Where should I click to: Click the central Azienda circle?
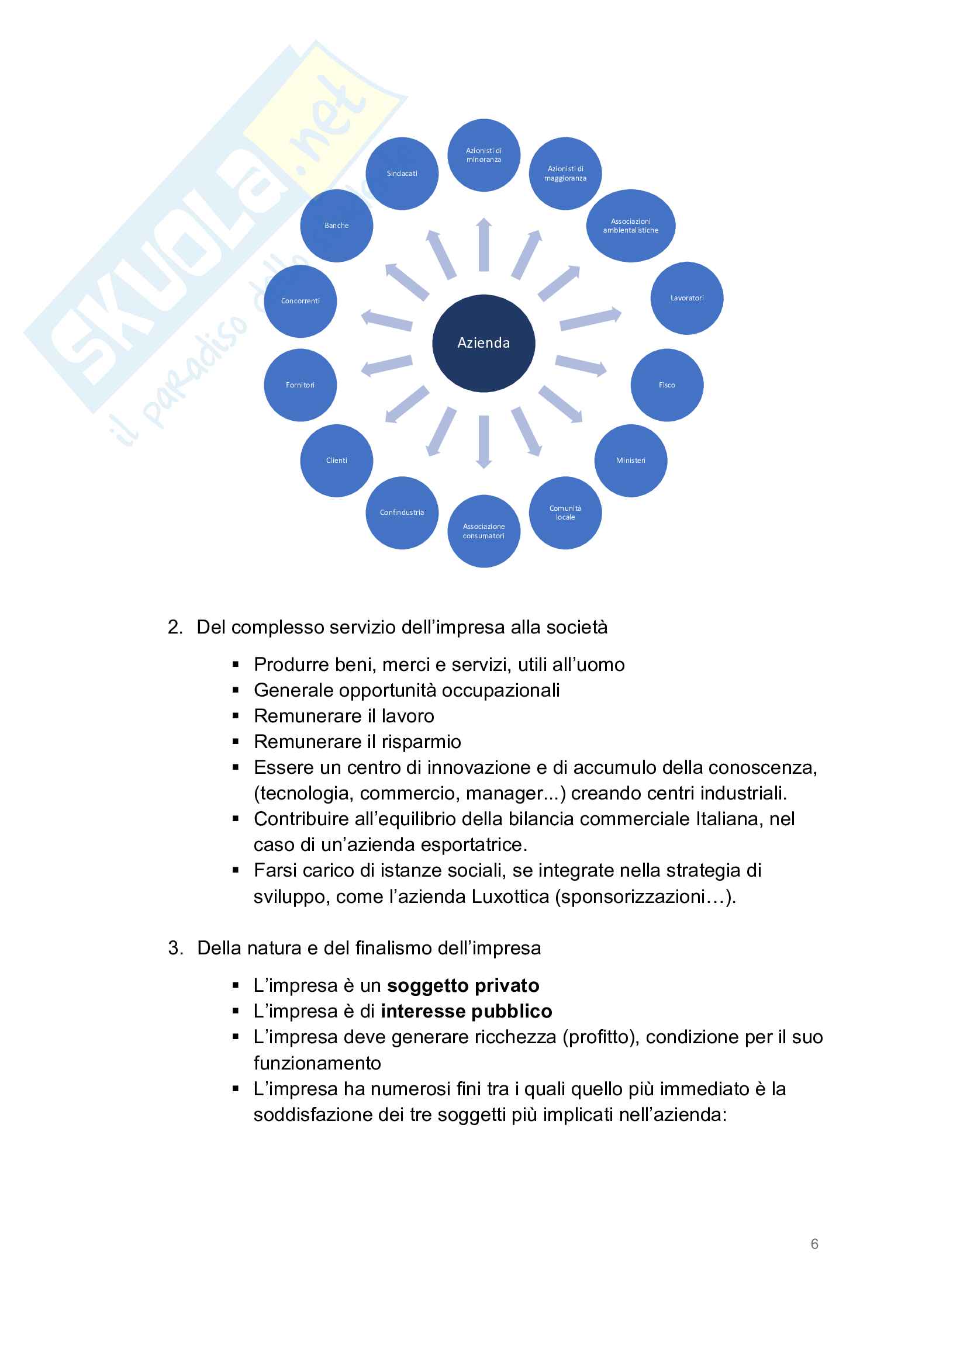point(483,343)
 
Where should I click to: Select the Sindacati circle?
point(402,173)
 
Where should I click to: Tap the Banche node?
point(336,226)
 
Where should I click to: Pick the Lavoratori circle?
point(686,297)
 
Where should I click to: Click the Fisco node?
point(667,385)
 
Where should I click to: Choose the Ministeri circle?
point(631,460)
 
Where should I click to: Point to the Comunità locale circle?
point(565,513)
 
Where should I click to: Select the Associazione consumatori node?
point(483,531)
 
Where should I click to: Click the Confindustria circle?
point(402,513)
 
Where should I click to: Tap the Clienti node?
point(336,460)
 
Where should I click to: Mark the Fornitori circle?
point(300,385)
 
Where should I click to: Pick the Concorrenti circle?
point(300,300)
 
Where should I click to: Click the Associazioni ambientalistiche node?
point(631,226)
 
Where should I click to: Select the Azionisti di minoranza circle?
point(483,155)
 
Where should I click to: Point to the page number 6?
point(814,1244)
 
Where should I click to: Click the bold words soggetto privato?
point(462,985)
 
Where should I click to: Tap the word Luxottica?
point(510,897)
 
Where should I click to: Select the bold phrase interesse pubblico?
point(466,1011)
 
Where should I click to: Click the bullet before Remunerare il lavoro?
point(236,716)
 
